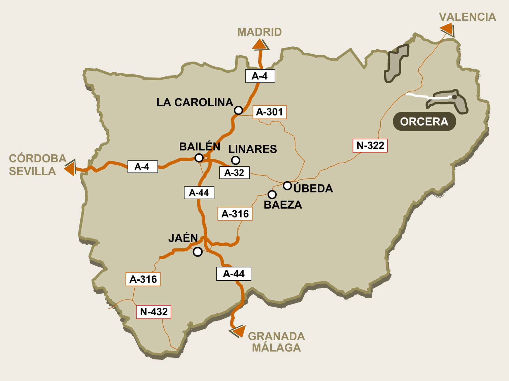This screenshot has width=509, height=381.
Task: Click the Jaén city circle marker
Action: coord(198,252)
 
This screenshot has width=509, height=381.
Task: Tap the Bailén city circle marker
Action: coord(199,158)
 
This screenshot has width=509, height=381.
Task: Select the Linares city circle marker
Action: coord(236,160)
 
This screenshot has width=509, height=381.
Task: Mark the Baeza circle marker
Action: coord(272,195)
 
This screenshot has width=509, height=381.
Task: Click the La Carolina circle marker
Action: coord(238,110)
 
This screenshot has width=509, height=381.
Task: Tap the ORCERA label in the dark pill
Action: coord(424,122)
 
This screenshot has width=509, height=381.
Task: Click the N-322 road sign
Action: coord(370,146)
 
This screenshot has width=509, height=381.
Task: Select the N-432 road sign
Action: coord(154,312)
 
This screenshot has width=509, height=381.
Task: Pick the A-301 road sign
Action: coord(270,112)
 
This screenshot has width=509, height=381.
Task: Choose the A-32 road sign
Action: coord(234,173)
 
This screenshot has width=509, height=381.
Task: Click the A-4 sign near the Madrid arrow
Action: coord(260,76)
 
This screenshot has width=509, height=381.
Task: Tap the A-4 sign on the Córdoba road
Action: coord(143,167)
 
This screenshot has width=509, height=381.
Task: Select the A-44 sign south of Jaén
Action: coord(234,274)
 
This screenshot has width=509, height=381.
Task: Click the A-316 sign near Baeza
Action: coord(235,214)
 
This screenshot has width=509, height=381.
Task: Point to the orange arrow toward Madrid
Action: coord(260,45)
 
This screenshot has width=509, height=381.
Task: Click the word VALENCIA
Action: coord(468,17)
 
